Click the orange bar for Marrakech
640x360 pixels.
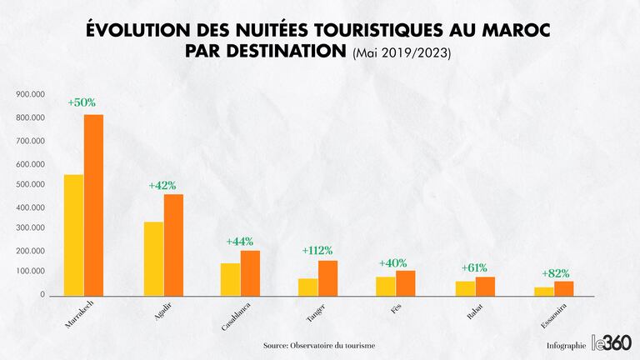pos(93,205)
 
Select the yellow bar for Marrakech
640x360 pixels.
pos(73,235)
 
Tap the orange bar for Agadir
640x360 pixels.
pos(173,245)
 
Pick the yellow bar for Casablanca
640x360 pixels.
pos(230,279)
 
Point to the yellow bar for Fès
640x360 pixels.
pos(385,286)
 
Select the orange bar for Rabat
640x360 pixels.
pos(485,286)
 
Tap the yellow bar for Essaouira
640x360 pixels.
pos(544,291)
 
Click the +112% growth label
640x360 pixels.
pos(317,250)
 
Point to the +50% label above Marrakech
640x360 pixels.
pos(82,102)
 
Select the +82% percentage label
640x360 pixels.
pos(556,273)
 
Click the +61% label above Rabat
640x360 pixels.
pos(474,267)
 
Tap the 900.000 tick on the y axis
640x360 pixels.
pos(30,94)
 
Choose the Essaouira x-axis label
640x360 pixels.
pos(558,316)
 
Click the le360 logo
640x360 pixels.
pos(611,342)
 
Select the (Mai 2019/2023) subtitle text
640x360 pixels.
pos(402,53)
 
